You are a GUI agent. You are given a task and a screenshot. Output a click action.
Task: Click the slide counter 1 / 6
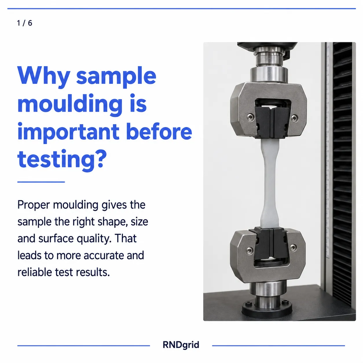click(x=25, y=23)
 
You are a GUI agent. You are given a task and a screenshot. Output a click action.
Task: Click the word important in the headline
click(x=68, y=132)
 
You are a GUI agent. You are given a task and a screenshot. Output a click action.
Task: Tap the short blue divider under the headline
click(x=41, y=182)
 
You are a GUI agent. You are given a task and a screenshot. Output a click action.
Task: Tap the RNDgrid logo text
click(x=181, y=345)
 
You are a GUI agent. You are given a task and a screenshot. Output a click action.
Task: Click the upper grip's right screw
click(x=294, y=118)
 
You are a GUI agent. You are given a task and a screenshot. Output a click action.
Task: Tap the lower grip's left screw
click(x=250, y=250)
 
